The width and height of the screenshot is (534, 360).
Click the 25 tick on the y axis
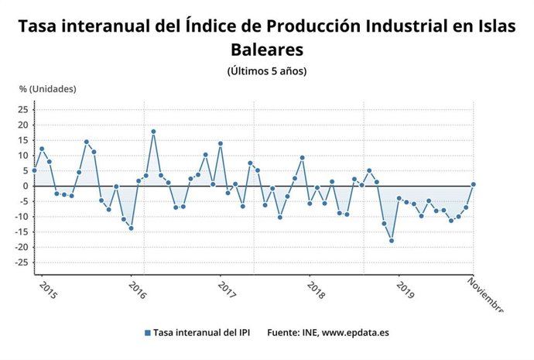point(22,109)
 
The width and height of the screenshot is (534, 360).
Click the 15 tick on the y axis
point(22,140)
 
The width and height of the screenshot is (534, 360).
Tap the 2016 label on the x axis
point(136,290)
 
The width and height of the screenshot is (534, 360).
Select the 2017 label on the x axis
point(226,290)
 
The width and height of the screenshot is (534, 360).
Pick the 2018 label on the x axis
point(316,290)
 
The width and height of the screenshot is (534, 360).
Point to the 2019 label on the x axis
point(405,290)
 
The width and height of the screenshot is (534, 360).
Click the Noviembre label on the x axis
point(486,295)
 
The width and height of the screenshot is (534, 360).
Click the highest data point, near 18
point(153,132)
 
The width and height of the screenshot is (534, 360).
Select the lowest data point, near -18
point(392,241)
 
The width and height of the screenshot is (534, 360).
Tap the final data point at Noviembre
point(473,184)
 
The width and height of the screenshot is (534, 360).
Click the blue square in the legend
point(147,333)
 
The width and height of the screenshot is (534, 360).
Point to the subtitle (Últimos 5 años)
point(267,71)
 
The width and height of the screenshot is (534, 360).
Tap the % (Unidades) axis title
point(47,88)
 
